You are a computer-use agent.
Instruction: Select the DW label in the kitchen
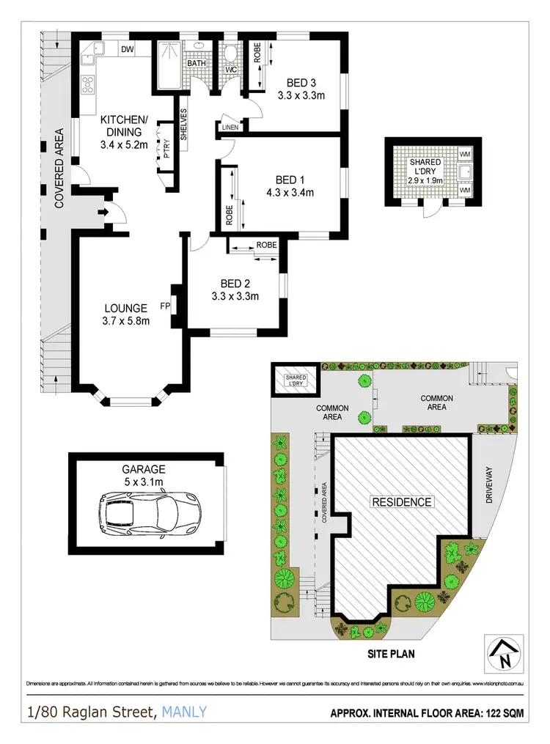(x=127, y=50)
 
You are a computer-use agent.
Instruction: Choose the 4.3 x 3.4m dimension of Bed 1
(x=290, y=194)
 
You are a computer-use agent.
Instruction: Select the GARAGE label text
(x=144, y=469)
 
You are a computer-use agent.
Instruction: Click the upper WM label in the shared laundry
(x=465, y=155)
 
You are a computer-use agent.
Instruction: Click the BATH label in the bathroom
(x=196, y=64)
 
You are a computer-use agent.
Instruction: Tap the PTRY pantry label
(x=167, y=149)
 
